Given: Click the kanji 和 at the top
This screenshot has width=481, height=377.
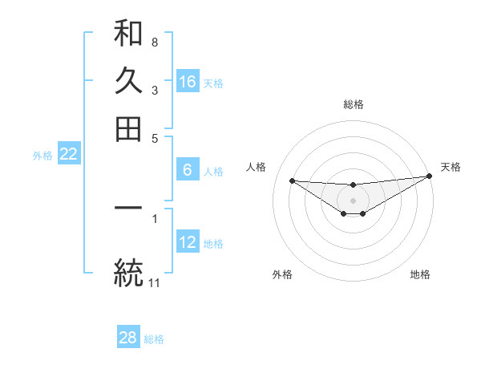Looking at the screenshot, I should (128, 34).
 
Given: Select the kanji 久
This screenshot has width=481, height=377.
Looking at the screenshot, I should (128, 81).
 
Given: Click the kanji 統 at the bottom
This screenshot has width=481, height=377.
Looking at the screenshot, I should (128, 271).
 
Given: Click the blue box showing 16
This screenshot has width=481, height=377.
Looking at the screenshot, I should (188, 82).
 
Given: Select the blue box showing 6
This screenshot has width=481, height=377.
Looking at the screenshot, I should (188, 170).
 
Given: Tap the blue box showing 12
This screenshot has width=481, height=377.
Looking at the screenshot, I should (188, 242).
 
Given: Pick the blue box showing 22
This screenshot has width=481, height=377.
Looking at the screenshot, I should (69, 155).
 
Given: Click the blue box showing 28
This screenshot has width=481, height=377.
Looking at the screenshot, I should (128, 338).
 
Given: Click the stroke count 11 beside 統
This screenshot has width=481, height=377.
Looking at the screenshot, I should (155, 282).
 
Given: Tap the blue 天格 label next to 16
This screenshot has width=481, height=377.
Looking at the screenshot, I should (213, 83).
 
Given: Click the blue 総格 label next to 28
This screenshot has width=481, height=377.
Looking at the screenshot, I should (154, 339).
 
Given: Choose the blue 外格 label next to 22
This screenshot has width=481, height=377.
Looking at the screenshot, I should (42, 156).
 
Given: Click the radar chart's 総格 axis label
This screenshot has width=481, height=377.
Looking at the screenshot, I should (354, 104).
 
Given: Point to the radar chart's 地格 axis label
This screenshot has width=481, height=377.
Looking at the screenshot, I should (420, 274).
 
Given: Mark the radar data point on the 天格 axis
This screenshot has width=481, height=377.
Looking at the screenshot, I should (430, 177).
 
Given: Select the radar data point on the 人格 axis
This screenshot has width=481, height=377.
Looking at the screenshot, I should (292, 180).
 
